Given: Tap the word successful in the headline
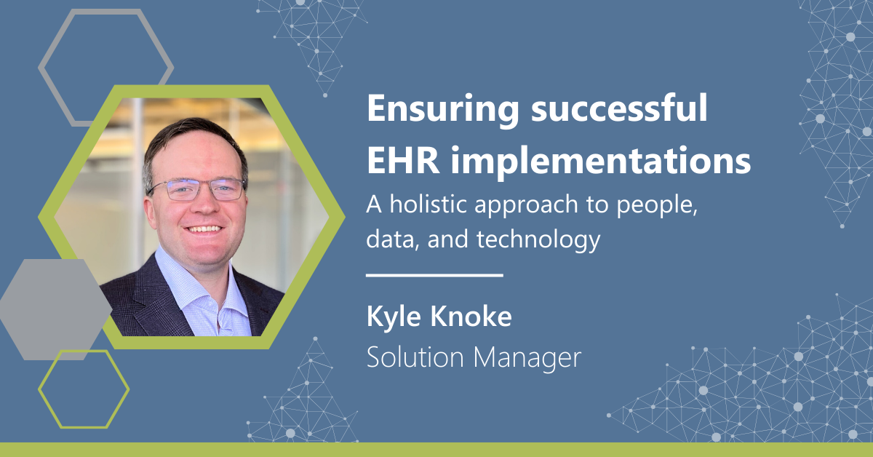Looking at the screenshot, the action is click(x=619, y=107).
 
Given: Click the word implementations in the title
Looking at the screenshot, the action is click(x=601, y=162).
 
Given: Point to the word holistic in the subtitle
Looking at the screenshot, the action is click(x=428, y=204).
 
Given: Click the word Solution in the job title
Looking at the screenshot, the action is click(x=415, y=357).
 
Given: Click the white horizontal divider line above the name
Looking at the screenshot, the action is click(x=434, y=275).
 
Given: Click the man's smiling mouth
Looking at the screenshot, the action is click(x=203, y=229).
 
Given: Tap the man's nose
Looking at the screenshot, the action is click(x=202, y=204).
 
